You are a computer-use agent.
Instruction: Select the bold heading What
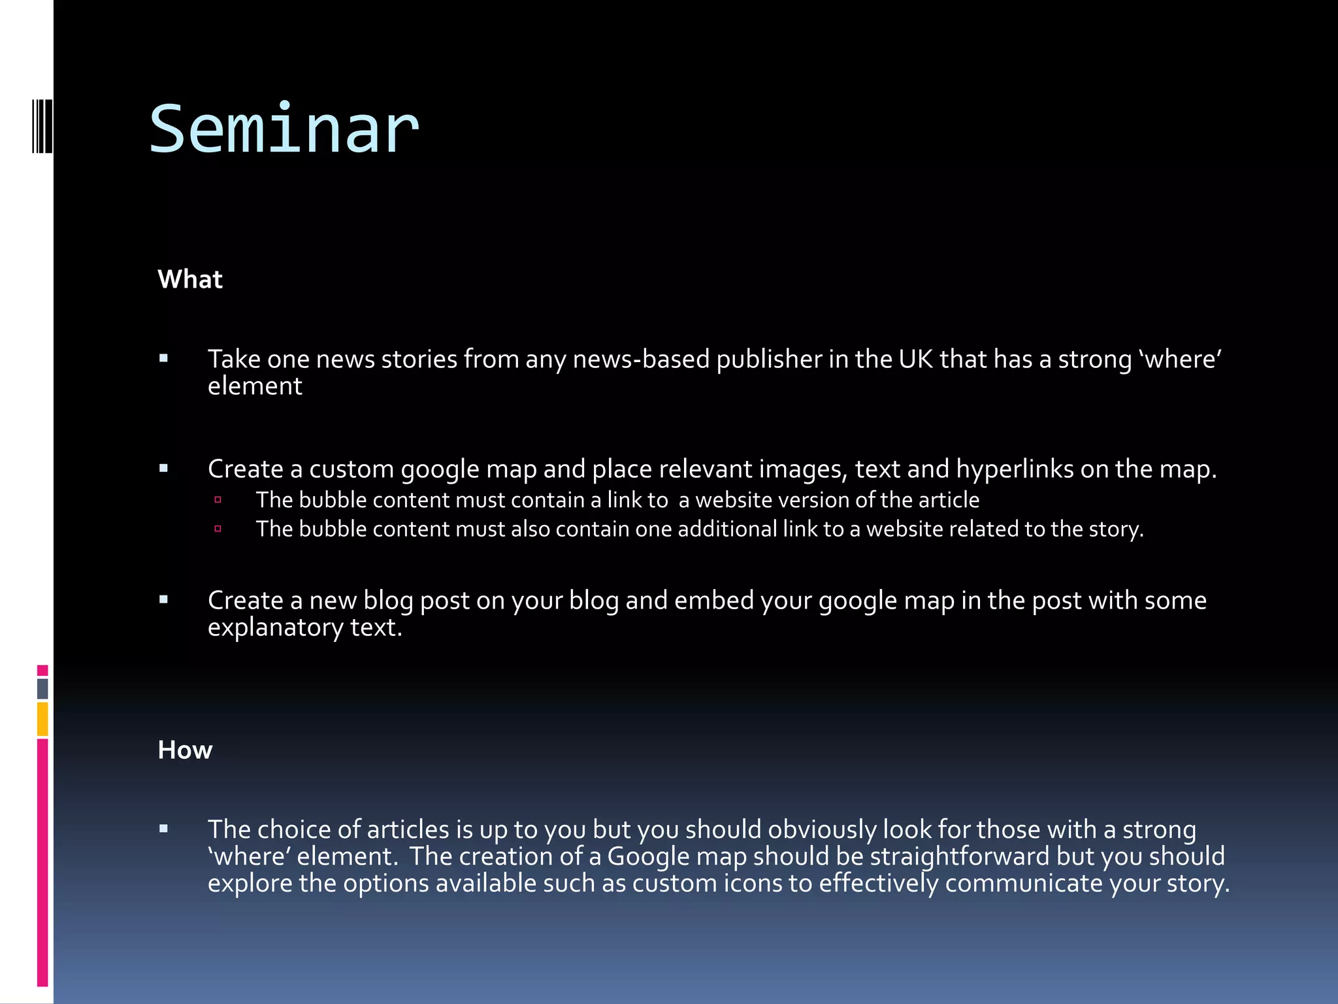pos(190,279)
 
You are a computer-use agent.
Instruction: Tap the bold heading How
pos(185,750)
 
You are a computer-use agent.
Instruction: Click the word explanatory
pos(275,627)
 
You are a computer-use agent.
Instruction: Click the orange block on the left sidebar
pos(42,718)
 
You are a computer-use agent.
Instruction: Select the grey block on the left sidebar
pos(42,688)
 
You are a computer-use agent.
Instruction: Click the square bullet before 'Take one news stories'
pos(164,358)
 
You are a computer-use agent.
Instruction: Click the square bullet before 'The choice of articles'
pos(164,829)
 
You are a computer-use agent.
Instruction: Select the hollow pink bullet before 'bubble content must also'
pos(218,528)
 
